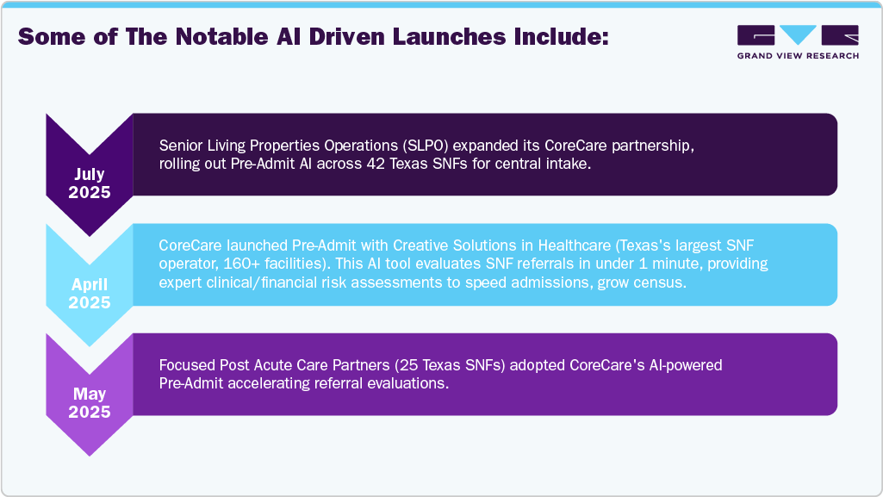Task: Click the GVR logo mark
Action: pos(798,35)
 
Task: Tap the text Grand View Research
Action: pos(798,56)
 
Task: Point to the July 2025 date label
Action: pos(90,183)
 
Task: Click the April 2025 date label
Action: pos(90,294)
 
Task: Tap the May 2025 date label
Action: pos(90,403)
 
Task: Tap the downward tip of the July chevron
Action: pos(90,234)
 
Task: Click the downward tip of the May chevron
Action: pos(90,454)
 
